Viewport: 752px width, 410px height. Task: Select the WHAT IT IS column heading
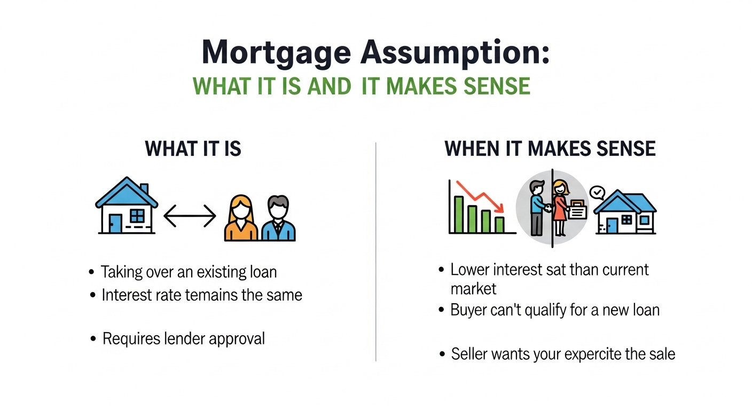tap(193, 148)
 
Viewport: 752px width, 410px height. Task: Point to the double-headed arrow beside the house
tap(190, 216)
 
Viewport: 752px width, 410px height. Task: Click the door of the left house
tap(115, 224)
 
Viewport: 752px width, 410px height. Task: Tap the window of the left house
tap(137, 216)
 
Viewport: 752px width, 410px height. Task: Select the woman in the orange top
tap(241, 218)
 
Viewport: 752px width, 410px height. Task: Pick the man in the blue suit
tap(278, 218)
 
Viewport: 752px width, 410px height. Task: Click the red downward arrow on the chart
tap(480, 197)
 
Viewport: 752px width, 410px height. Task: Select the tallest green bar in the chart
tap(459, 215)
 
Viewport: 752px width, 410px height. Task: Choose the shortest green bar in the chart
tap(500, 225)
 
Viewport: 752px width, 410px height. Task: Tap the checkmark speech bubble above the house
tap(597, 193)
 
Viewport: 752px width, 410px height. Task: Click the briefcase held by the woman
tap(577, 210)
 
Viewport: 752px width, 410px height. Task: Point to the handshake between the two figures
tap(548, 208)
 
